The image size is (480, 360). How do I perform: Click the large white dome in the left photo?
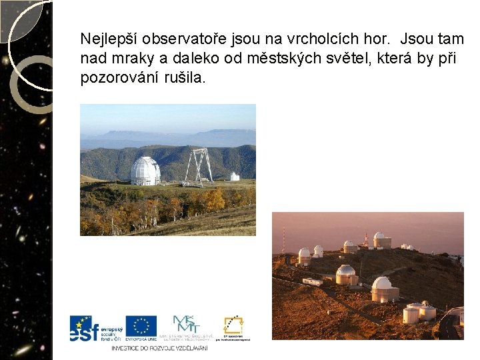[x=145, y=171]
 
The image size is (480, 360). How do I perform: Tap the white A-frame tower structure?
[x=198, y=167]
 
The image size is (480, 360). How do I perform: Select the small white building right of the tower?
[x=234, y=176]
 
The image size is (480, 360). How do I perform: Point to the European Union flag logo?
[x=141, y=327]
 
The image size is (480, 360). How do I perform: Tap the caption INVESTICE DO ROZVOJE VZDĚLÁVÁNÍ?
[x=159, y=348]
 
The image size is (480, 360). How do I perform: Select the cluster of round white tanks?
[x=419, y=312]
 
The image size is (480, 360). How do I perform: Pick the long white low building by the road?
[x=312, y=281]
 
